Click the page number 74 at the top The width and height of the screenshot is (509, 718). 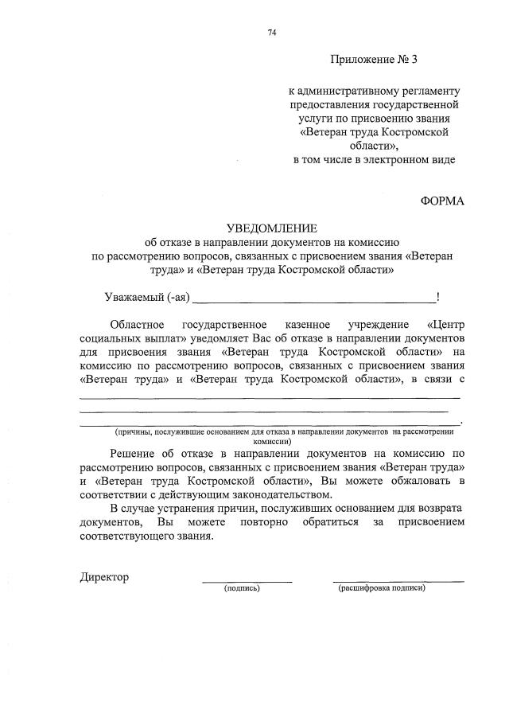click(x=272, y=33)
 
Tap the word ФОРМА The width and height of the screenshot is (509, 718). click(x=441, y=201)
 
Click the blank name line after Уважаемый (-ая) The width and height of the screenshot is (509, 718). click(x=314, y=300)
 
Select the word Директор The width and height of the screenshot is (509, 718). click(x=104, y=576)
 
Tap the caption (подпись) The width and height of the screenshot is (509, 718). click(x=243, y=588)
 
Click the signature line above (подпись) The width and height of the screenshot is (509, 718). click(x=247, y=581)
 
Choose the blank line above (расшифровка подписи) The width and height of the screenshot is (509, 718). click(x=398, y=581)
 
